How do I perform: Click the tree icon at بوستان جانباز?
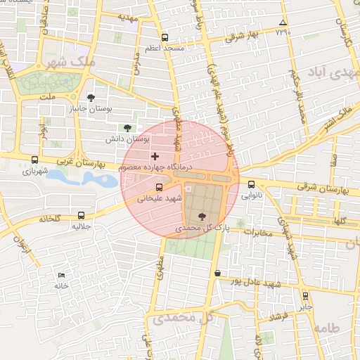tap(91, 98)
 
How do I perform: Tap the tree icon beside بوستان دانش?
tap(127, 128)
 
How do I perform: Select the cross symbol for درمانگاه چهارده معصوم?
tap(155, 155)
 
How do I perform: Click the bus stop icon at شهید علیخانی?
tap(159, 187)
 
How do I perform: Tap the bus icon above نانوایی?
tap(252, 184)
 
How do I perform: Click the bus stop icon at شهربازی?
tap(35, 160)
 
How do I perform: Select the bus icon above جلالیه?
tap(82, 216)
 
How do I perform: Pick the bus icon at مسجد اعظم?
tap(165, 37)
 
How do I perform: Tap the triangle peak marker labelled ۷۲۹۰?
tap(283, 22)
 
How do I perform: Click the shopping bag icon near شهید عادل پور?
tap(217, 273)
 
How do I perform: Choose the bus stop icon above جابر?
tap(305, 296)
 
